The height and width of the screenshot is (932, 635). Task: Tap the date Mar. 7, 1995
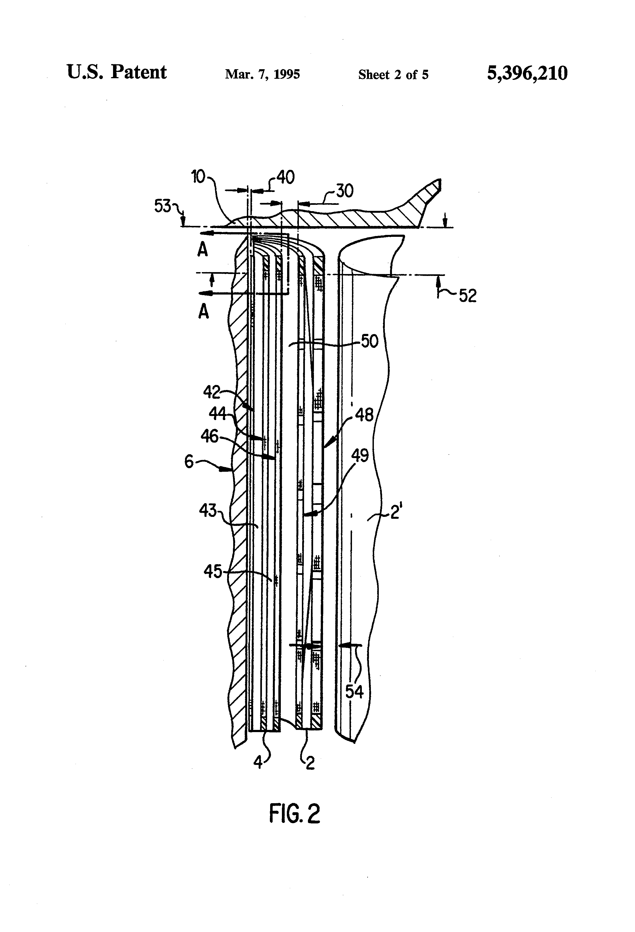[x=262, y=75]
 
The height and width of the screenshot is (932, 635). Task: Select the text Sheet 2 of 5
[x=393, y=75]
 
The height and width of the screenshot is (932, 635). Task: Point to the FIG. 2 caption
[x=295, y=814]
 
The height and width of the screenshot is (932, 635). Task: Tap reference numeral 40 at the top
[x=285, y=177]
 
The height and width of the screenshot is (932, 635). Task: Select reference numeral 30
[x=344, y=191]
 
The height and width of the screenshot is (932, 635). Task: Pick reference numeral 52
[x=467, y=296]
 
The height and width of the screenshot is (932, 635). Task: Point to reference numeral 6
[x=189, y=462]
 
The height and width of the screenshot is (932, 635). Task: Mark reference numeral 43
[x=208, y=511]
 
